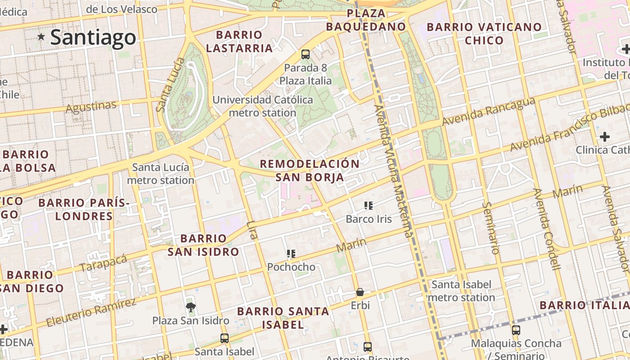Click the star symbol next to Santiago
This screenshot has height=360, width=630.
click(41, 37)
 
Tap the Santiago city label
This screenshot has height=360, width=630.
click(93, 37)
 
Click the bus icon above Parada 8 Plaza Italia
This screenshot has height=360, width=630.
click(306, 54)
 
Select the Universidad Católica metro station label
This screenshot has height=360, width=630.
click(263, 106)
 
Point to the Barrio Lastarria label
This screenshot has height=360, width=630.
click(239, 41)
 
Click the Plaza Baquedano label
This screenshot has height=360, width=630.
click(366, 20)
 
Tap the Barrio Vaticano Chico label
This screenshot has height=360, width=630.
click(484, 34)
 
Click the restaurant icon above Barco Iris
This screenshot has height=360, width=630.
click(369, 206)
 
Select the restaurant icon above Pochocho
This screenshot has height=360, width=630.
click(291, 254)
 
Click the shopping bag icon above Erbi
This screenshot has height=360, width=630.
click(360, 292)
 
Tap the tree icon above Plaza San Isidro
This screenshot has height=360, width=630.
click(191, 307)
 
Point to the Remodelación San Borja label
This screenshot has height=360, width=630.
click(310, 171)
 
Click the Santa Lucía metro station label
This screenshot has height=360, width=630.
click(161, 174)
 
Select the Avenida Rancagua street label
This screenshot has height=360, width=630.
click(488, 112)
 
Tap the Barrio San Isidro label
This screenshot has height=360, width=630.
click(203, 245)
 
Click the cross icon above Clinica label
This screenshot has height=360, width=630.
click(605, 136)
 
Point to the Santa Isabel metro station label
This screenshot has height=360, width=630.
click(462, 291)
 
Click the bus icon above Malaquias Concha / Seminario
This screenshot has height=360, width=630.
click(516, 330)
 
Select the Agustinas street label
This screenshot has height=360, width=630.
click(91, 107)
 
